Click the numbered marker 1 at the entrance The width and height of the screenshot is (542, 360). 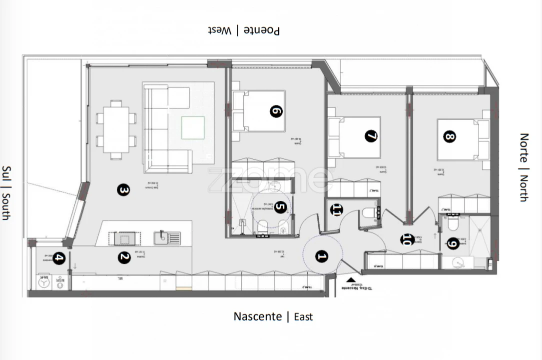[x=322, y=257]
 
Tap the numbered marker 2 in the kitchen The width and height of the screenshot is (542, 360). [x=124, y=257]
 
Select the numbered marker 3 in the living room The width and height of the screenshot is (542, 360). [x=123, y=190]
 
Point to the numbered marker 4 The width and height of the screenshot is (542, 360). [x=58, y=258]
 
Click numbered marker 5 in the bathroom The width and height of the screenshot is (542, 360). [x=280, y=207]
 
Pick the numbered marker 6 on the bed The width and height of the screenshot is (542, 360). [x=276, y=111]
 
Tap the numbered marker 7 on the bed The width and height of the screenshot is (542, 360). [x=371, y=135]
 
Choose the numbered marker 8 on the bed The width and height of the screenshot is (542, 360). [x=450, y=136]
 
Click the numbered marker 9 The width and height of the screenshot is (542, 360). [x=453, y=243]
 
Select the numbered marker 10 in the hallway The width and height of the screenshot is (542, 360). [x=408, y=239]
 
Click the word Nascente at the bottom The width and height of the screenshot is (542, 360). [x=258, y=316]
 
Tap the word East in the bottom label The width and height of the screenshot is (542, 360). [x=303, y=317]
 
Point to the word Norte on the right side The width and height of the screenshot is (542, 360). [x=524, y=147]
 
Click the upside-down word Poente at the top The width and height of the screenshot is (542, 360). [x=262, y=30]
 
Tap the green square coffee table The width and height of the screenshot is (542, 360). [x=193, y=127]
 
